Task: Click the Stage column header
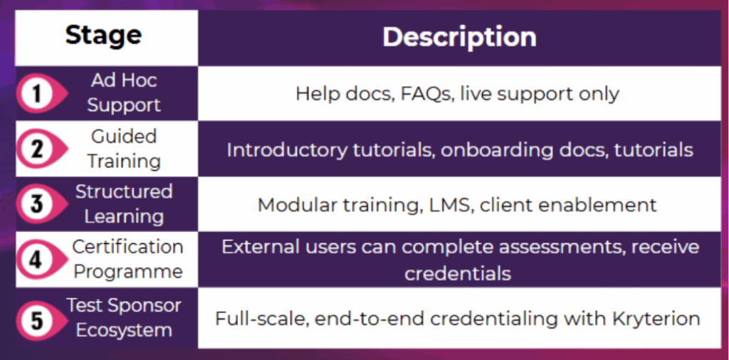103,36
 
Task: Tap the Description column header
459,37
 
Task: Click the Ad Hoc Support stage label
124,93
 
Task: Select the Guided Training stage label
124,149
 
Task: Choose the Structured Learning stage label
124,204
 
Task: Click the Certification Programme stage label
128,259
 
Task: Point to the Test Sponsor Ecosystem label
124,318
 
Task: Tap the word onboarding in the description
506,150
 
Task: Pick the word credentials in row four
458,274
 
